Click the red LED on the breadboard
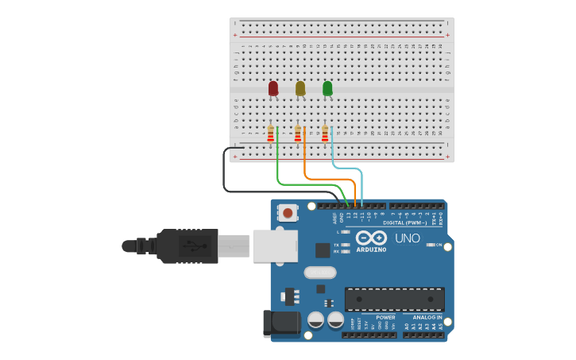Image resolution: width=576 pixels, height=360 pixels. (273, 88)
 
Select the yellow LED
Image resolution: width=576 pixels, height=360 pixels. (300, 88)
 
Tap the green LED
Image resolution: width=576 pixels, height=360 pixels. (327, 88)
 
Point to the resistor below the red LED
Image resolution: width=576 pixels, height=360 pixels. (271, 133)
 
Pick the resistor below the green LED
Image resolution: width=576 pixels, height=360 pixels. (325, 133)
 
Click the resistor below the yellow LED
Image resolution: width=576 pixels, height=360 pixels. (298, 133)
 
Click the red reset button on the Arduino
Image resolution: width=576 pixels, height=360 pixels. (287, 213)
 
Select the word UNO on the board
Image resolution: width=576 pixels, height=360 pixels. (408, 238)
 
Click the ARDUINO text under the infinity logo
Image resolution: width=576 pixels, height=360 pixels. (371, 250)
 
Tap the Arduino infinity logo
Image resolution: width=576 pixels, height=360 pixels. (371, 238)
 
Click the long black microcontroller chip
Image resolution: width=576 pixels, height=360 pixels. (394, 299)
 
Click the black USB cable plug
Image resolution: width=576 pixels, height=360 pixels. (187, 246)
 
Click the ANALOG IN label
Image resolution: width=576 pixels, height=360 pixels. (427, 317)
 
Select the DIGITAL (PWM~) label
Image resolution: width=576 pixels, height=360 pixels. (405, 223)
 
